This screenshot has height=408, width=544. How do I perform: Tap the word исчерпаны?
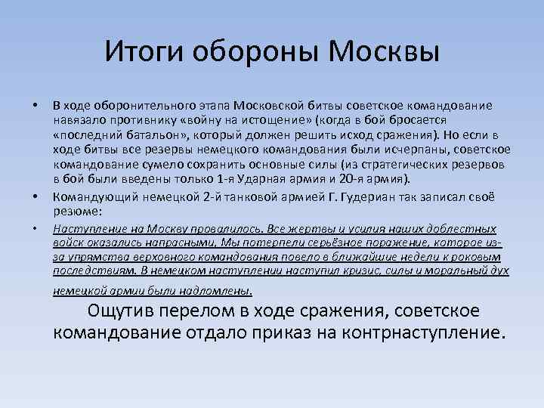(396, 150)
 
